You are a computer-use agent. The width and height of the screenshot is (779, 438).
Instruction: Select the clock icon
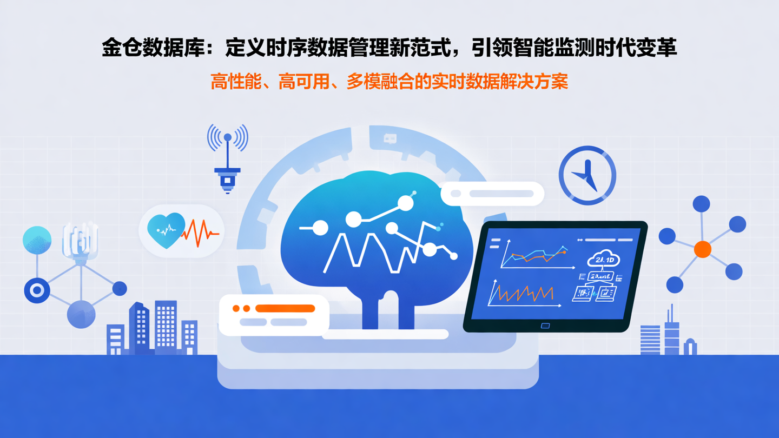pos(587,175)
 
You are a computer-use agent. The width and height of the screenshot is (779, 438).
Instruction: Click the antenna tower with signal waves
pos(227,157)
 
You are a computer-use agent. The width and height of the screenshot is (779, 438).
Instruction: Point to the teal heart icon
pos(166,230)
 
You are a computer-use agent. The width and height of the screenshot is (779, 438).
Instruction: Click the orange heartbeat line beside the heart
pos(201,233)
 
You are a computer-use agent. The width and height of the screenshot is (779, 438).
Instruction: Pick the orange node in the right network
pos(702,249)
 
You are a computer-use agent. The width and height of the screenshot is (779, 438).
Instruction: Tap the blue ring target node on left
pos(37,290)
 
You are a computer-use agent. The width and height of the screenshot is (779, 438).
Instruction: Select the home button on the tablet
pos(545,326)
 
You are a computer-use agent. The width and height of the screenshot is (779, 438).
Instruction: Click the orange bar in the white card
pos(285,308)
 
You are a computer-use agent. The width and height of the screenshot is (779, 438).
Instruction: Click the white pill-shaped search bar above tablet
pos(492,194)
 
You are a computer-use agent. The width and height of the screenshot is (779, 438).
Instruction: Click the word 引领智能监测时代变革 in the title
pos(573,48)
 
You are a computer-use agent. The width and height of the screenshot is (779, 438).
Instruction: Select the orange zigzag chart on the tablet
pos(522,294)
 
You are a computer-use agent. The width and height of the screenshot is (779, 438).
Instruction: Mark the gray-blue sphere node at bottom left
pos(81,314)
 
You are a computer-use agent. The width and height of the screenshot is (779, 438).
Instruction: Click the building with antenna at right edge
pos(671,333)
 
